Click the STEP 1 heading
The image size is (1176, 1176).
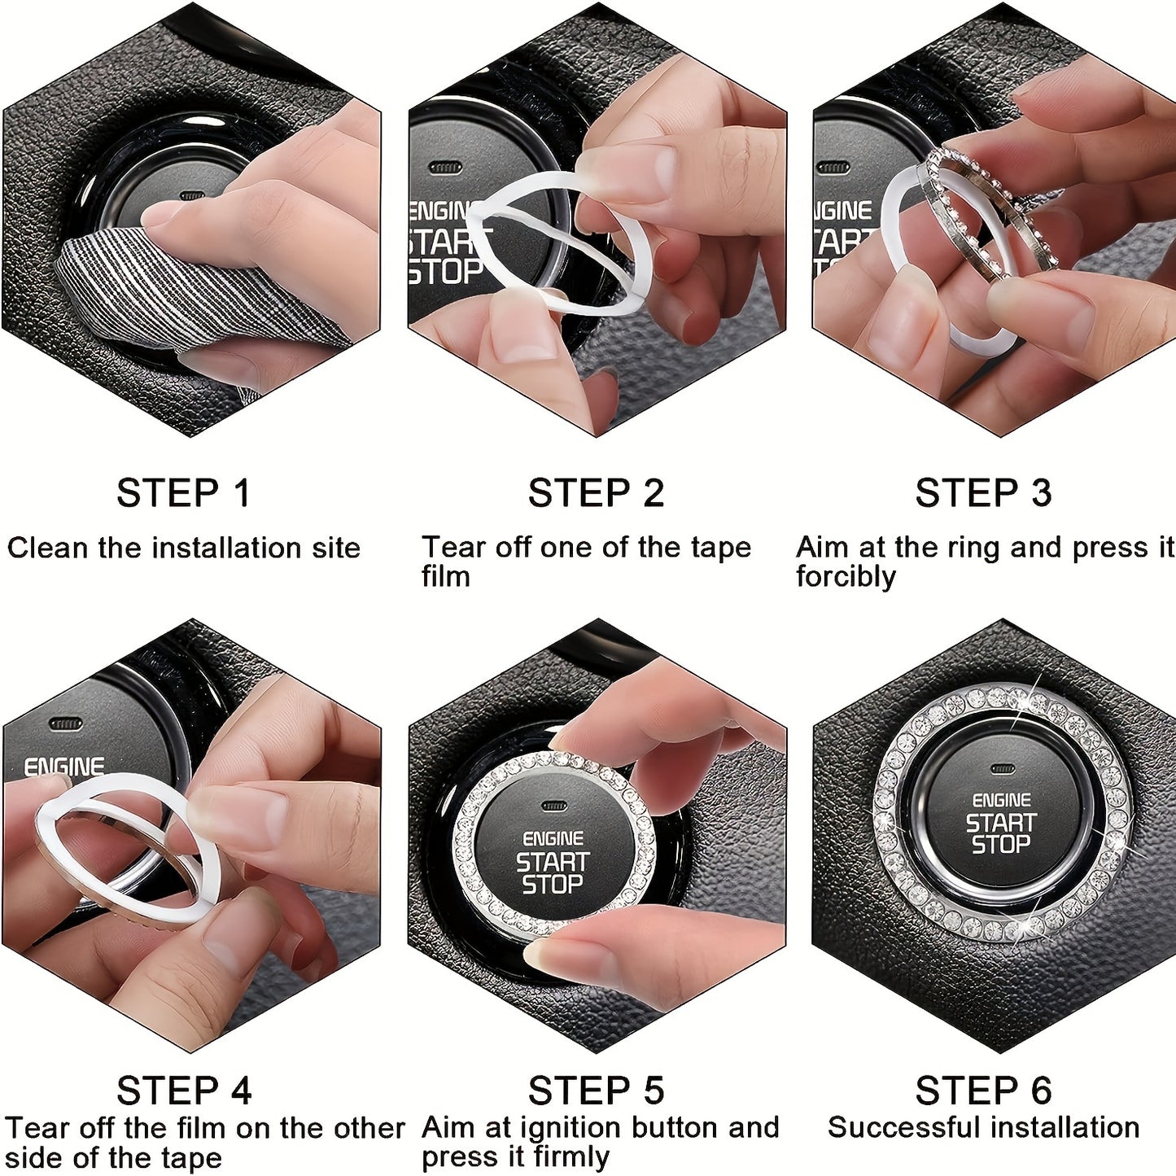(183, 493)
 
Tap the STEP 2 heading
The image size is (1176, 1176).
(596, 493)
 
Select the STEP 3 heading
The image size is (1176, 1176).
(983, 493)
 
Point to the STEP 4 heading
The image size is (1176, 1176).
(184, 1091)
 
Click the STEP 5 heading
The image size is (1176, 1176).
(596, 1091)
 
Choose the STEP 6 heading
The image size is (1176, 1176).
(983, 1091)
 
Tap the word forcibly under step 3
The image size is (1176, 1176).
(846, 577)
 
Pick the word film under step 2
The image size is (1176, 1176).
(445, 577)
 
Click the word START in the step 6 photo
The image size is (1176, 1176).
(1001, 823)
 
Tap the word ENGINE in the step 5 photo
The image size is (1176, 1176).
(553, 839)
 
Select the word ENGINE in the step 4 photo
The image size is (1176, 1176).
(63, 767)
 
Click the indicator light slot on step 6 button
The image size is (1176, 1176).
(1003, 768)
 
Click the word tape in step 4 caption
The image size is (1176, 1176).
(194, 1158)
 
